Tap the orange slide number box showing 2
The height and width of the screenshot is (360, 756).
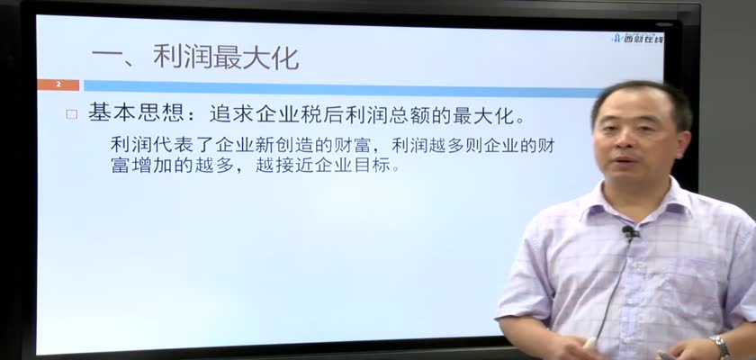58,85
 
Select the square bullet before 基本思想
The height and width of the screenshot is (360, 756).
72,114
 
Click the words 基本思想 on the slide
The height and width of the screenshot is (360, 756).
137,114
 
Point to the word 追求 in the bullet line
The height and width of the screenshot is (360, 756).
233,114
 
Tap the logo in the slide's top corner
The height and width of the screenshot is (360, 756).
637,38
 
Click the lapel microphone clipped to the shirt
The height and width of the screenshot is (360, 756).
629,234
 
